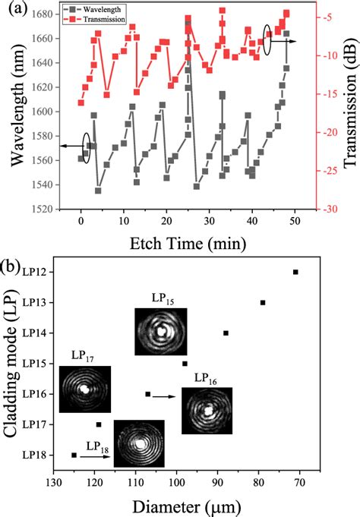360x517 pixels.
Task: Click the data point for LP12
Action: point(295,272)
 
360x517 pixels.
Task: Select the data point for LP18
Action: point(74,455)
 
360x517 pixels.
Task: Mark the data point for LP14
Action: point(226,333)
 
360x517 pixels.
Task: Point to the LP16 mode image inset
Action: point(207,411)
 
